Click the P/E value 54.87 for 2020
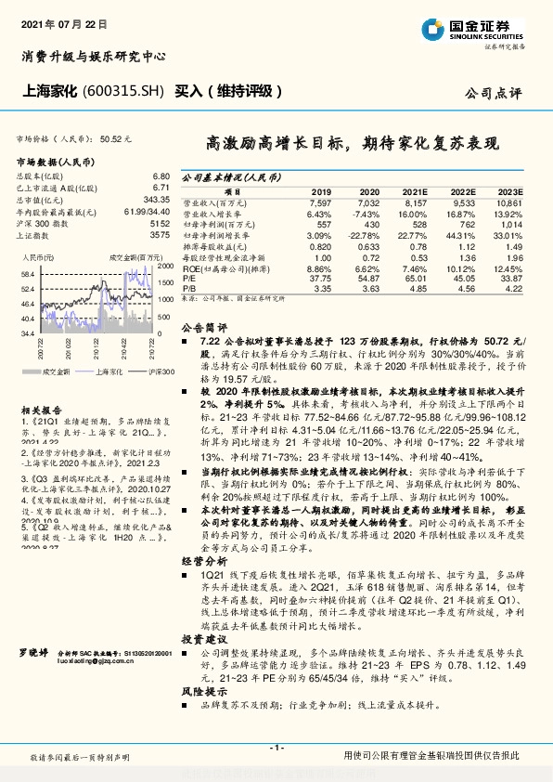(x=368, y=277)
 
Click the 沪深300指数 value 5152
(x=160, y=224)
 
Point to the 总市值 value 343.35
(x=156, y=200)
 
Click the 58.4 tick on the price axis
(x=27, y=274)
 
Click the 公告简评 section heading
(x=202, y=328)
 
